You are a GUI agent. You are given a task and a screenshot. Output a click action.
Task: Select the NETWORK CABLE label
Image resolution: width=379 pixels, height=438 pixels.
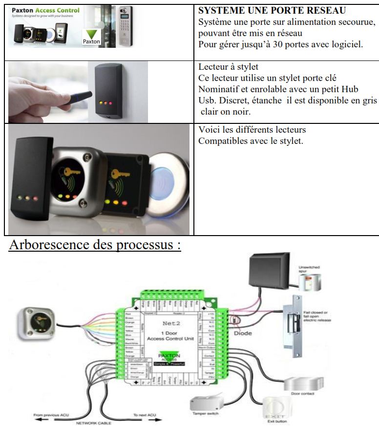[93, 423]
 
